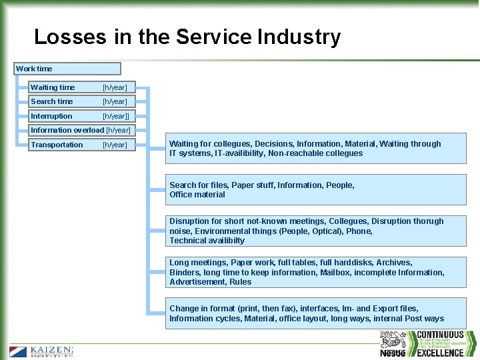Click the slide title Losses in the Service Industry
click(x=187, y=37)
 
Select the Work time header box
click(x=68, y=69)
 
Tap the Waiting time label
click(x=53, y=87)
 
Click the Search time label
click(x=52, y=101)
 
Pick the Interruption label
click(x=51, y=116)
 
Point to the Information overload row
click(x=80, y=130)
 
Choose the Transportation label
click(x=57, y=145)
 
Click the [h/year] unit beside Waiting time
click(x=115, y=87)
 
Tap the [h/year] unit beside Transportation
click(x=115, y=145)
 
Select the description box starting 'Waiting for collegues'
click(x=316, y=149)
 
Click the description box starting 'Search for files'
click(x=316, y=190)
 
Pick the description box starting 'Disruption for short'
click(x=316, y=231)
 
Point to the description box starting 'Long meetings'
click(x=316, y=272)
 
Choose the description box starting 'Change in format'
click(x=316, y=313)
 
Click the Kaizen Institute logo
click(x=41, y=351)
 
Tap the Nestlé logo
click(x=393, y=345)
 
